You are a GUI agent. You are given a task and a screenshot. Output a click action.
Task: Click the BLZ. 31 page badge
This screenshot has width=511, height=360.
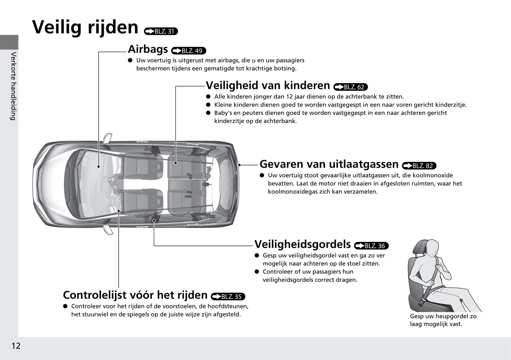pos(161,31)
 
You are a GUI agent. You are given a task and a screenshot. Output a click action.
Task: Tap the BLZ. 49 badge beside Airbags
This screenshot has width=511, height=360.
pos(188,51)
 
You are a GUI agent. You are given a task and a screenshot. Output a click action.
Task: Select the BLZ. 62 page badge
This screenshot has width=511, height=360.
pos(351,87)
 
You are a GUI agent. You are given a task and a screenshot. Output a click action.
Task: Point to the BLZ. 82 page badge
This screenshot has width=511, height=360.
pos(419,166)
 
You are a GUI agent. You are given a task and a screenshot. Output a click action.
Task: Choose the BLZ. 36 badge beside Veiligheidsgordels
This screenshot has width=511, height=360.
pos(371,246)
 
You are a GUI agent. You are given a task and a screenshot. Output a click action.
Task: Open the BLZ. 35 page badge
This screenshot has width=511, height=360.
pos(228,296)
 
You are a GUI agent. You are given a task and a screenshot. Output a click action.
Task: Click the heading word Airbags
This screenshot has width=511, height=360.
pos(148,49)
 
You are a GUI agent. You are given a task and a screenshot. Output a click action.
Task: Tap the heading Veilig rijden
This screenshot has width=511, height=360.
pos(85,27)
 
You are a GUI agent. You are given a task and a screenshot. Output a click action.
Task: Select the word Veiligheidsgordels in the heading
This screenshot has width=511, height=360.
pos(302,244)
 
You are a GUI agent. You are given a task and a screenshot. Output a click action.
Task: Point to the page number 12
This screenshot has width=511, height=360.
pos(16,346)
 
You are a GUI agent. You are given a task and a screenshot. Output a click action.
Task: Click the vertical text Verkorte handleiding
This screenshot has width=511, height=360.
pos(13,86)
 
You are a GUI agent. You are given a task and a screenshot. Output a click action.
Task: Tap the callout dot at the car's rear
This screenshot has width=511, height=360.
pos(239,165)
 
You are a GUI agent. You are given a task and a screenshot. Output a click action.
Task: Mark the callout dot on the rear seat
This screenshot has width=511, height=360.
pos(175,163)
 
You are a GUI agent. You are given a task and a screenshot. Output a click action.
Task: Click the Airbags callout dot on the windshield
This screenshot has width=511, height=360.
pos(99,167)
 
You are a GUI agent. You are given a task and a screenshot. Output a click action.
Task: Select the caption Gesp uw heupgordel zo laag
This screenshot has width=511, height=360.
pos(443,320)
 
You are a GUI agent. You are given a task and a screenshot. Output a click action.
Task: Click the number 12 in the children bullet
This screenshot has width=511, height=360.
pos(290,96)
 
